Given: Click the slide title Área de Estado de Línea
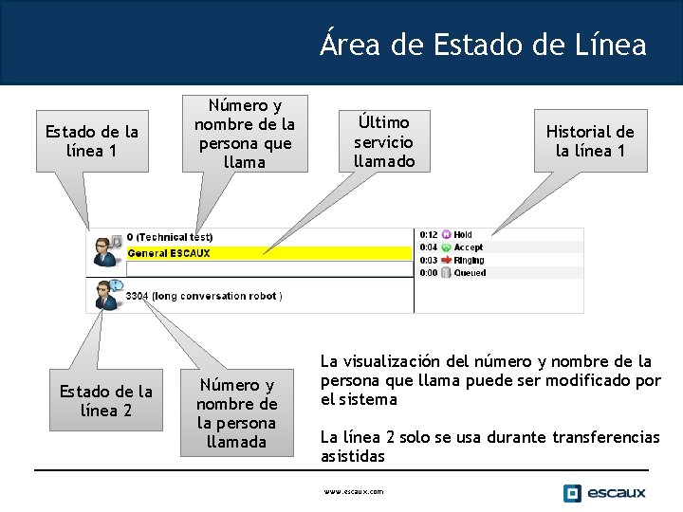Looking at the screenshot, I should coord(483,44).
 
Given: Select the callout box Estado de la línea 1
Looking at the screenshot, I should coord(92,141).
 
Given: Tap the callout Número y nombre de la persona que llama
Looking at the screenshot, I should coord(245,134).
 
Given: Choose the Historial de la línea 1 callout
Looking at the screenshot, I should coord(590,141).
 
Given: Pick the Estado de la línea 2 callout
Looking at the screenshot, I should coord(105,401).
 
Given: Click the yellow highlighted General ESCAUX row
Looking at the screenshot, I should coord(256,253).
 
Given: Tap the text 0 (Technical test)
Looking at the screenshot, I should coord(169,236).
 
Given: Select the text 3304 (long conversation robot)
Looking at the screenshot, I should coord(203,296).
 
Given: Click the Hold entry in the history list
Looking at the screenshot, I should coord(462,234).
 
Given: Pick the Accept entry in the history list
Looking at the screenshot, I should coord(468,247).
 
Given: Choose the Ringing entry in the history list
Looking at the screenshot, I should coord(468,260).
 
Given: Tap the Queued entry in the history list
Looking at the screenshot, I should coord(469,273).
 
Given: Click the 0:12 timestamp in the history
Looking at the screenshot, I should coord(429,234).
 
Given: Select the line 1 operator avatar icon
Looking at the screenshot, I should coord(104,251).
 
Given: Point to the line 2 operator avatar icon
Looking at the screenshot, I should coord(102,295).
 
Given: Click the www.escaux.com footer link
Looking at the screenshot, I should coord(354,491).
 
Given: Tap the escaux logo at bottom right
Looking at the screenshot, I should coord(604,492).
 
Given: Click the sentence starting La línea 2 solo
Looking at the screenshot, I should coord(489,447).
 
